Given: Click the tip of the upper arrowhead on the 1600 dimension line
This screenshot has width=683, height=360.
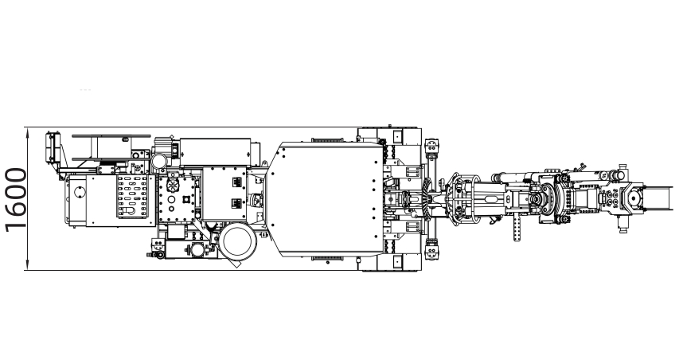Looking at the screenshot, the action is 27,127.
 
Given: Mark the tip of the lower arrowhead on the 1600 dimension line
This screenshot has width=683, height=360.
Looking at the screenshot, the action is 27,270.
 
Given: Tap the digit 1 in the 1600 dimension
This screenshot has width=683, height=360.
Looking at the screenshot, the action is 16,225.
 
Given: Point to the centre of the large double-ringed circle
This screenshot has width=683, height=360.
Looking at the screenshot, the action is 238,242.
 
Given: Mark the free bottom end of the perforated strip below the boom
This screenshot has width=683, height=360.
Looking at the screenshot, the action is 517,241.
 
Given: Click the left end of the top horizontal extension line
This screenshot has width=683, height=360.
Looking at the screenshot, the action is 24,127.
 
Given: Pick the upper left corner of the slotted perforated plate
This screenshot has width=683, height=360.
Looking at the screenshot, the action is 116,175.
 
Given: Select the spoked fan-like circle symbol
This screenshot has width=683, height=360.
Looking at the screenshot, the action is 173,184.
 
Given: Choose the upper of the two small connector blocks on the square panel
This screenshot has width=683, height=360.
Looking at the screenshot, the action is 236,182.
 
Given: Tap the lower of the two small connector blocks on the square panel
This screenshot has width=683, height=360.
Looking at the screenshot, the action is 236,203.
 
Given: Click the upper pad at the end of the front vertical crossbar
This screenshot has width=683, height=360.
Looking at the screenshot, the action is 431,146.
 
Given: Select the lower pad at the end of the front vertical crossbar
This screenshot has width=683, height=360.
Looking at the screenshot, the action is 431,252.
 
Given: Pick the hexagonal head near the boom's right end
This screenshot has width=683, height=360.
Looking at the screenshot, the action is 633,199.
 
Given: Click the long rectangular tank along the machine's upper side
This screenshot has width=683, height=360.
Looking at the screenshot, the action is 215,152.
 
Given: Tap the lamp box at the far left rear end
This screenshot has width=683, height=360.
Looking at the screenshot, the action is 52,147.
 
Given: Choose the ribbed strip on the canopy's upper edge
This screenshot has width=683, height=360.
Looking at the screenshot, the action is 327,140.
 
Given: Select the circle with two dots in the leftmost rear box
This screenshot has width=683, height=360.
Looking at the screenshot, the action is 80,192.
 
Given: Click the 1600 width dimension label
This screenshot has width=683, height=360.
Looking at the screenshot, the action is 16,200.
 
